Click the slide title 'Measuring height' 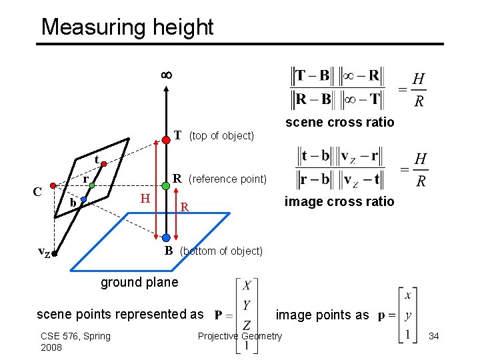coord(127,27)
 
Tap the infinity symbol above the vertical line coord(166,75)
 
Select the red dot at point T coord(165,140)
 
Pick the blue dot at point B coord(165,237)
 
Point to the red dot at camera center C coord(53,187)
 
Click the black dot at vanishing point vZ coord(56,253)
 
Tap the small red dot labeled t coord(104,163)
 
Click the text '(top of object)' coord(221,136)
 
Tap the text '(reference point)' coord(227,179)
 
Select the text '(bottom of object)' coord(221,251)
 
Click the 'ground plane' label coord(139,282)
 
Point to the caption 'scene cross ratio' coord(339,122)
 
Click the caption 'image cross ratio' coord(339,201)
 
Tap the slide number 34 coord(434,336)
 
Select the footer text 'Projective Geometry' coord(240,336)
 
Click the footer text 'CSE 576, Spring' coord(75,336)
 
